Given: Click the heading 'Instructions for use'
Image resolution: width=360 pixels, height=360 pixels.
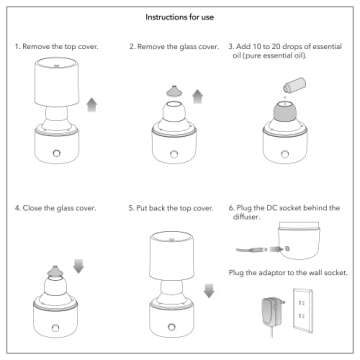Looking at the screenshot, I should (180, 17).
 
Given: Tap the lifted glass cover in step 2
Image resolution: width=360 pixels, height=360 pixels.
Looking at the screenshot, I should (170, 92).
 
